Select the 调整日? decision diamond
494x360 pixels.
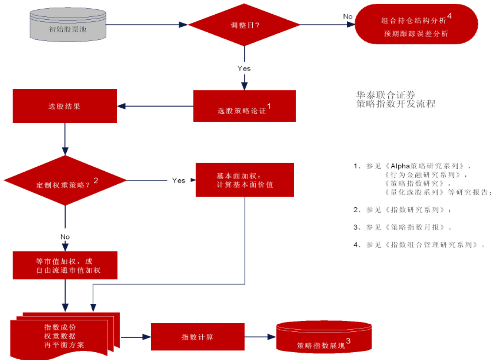pyautogui.click(x=245, y=25)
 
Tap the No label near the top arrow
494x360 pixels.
pyautogui.click(x=348, y=16)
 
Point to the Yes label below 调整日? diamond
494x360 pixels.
pyautogui.click(x=244, y=68)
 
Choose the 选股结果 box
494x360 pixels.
pyautogui.click(x=65, y=106)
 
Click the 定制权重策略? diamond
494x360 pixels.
pyautogui.click(x=65, y=180)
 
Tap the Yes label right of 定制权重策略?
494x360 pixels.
pyautogui.click(x=179, y=180)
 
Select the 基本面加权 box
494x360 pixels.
pyautogui.click(x=245, y=180)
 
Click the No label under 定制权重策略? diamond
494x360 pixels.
pyautogui.click(x=65, y=237)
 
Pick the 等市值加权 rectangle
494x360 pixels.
pyautogui.click(x=65, y=265)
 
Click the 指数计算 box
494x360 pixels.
pyautogui.click(x=197, y=337)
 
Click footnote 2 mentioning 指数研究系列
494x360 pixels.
pyautogui.click(x=403, y=210)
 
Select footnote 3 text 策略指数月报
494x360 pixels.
pyautogui.click(x=403, y=227)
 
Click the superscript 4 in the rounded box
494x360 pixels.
pyautogui.click(x=449, y=16)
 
